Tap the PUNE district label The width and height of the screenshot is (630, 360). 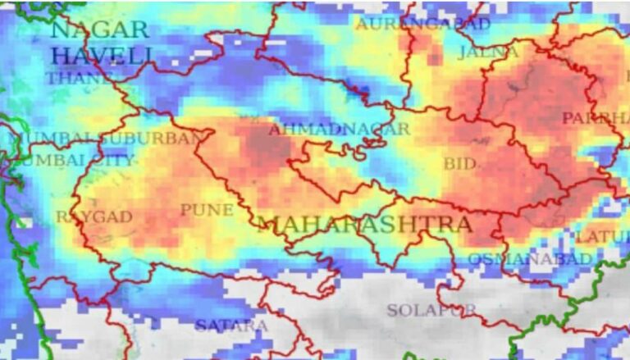pyautogui.click(x=207, y=211)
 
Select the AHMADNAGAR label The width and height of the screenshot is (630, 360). pyautogui.click(x=339, y=130)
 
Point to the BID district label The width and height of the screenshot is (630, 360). pyautogui.click(x=459, y=165)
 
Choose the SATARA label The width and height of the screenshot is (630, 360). pyautogui.click(x=231, y=326)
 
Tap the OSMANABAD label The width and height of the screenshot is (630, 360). pyautogui.click(x=529, y=259)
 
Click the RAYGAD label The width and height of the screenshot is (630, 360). pyautogui.click(x=83, y=217)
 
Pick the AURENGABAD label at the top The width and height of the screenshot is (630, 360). pyautogui.click(x=422, y=24)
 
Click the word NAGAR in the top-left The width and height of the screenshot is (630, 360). pyautogui.click(x=99, y=30)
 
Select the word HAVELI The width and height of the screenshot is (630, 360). pyautogui.click(x=101, y=57)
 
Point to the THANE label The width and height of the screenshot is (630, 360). pyautogui.click(x=78, y=80)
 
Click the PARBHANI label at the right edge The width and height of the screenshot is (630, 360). pyautogui.click(x=596, y=119)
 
